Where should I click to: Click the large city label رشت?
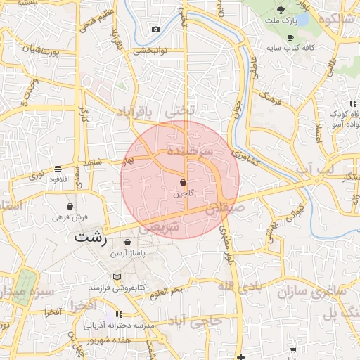(x=91, y=237)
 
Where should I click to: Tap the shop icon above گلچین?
(x=184, y=182)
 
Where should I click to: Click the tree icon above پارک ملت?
(x=281, y=10)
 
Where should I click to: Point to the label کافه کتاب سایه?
(x=289, y=49)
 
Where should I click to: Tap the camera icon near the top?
(x=155, y=30)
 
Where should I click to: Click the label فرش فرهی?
(x=70, y=217)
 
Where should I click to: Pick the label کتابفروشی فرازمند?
(x=116, y=288)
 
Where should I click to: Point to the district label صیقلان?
(x=225, y=208)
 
